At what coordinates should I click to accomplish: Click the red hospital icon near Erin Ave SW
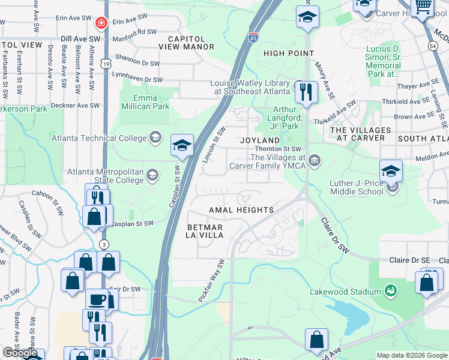[101, 23]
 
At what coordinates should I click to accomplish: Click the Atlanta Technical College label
[98, 138]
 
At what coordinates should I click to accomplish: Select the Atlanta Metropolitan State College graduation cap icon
[152, 175]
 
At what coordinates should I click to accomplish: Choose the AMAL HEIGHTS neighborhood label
[241, 210]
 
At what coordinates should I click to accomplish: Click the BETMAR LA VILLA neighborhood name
[205, 232]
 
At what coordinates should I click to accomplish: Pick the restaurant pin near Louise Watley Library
[307, 92]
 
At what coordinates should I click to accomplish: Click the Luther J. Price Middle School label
[356, 187]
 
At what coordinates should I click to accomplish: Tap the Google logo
[20, 353]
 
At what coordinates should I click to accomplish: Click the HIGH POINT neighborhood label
[289, 53]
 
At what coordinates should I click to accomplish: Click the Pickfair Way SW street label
[211, 281]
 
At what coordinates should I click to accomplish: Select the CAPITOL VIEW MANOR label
[186, 43]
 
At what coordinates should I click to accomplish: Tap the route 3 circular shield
[104, 245]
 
